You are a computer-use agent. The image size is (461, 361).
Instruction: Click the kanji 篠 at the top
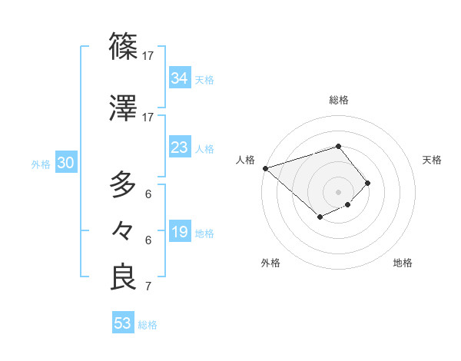coord(124,46)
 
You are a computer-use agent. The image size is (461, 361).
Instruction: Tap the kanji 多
coord(124,184)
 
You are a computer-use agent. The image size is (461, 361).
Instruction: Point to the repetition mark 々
coord(124,230)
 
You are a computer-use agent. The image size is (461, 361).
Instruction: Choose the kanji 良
coord(124,277)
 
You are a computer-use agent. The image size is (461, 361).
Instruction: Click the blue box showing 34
coord(180,78)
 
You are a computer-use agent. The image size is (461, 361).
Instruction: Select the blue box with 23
coord(180,147)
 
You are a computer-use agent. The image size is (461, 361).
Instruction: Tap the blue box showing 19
coord(180,232)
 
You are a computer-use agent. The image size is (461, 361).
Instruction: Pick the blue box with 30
coord(65,163)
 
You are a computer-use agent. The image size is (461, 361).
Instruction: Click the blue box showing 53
coord(123,323)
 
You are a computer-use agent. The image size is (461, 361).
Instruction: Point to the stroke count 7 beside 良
coord(148,287)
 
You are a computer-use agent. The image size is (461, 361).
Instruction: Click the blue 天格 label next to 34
coord(204,79)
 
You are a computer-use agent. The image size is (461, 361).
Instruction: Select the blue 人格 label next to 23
coord(204,148)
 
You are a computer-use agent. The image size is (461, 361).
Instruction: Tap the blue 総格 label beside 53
coord(148,324)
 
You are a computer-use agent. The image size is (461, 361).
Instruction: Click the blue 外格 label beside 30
coord(41,164)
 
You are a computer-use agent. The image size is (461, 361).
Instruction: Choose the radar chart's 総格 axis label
coord(338,100)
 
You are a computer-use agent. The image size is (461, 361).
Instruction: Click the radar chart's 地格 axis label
coord(403,263)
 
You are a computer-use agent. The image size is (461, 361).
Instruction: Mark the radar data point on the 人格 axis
coord(265,168)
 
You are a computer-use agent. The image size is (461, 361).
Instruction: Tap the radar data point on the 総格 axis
coord(338,146)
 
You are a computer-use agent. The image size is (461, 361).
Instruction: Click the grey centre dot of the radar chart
coord(338,191)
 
